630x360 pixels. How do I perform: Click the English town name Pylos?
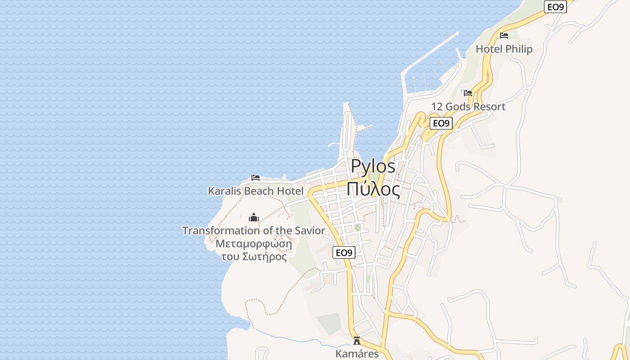tap(373, 166)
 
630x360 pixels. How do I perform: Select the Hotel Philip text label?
tap(504, 49)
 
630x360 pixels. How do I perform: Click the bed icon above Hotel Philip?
tap(504, 36)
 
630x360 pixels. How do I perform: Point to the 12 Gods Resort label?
tap(468, 107)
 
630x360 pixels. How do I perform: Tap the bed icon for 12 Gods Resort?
tap(468, 93)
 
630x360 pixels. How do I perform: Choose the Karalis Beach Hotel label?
tap(256, 191)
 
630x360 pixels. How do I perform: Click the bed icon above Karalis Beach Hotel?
tap(256, 177)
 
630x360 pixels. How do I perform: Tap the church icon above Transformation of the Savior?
tap(254, 218)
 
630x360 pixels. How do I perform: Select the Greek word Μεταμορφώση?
tap(254, 244)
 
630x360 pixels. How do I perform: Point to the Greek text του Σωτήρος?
tap(254, 256)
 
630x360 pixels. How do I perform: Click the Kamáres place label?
tap(357, 354)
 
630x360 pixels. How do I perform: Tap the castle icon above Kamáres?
tap(357, 341)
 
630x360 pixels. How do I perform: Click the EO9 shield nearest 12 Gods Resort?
tap(441, 123)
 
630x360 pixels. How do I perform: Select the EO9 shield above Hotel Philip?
tap(555, 7)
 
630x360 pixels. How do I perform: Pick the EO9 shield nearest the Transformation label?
tap(344, 252)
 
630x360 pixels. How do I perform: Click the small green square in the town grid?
tap(358, 228)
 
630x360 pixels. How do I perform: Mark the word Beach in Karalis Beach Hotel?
tap(259, 191)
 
